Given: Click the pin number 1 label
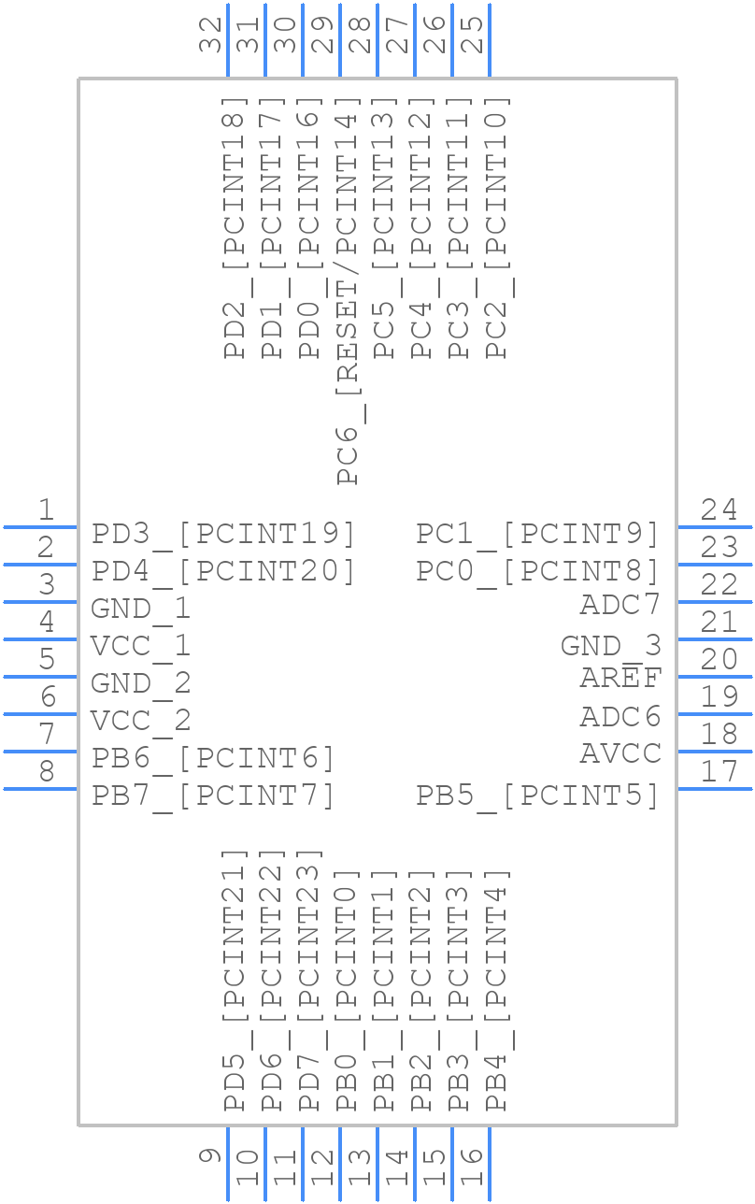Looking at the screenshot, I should pos(45,509).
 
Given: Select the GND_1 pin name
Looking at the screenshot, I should pos(140,609).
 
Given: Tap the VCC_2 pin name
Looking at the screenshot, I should pos(140,721).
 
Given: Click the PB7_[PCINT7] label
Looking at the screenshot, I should pos(213,795).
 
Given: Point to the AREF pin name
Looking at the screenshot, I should pos(620,678).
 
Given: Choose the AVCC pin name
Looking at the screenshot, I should pos(620,752).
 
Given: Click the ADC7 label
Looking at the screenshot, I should pos(620,605).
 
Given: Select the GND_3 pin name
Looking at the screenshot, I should pos(610,646).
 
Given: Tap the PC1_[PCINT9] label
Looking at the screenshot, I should pos(537,534).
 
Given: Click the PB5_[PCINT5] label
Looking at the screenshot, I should pos(537,795).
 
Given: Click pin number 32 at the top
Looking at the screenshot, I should pos(213,36).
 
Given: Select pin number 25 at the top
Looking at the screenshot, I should pos(475,36).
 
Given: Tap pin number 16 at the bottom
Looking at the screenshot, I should pos(472,1168).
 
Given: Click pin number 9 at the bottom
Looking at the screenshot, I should pos(211,1156).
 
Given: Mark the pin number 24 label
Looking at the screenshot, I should pos(719,509).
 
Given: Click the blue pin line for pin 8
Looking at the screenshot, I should pos(40,789).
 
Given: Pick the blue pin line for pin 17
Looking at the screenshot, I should pos(714,789).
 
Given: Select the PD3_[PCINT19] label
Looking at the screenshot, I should pos(223,534).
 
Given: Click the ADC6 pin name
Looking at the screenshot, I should pos(620,717).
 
